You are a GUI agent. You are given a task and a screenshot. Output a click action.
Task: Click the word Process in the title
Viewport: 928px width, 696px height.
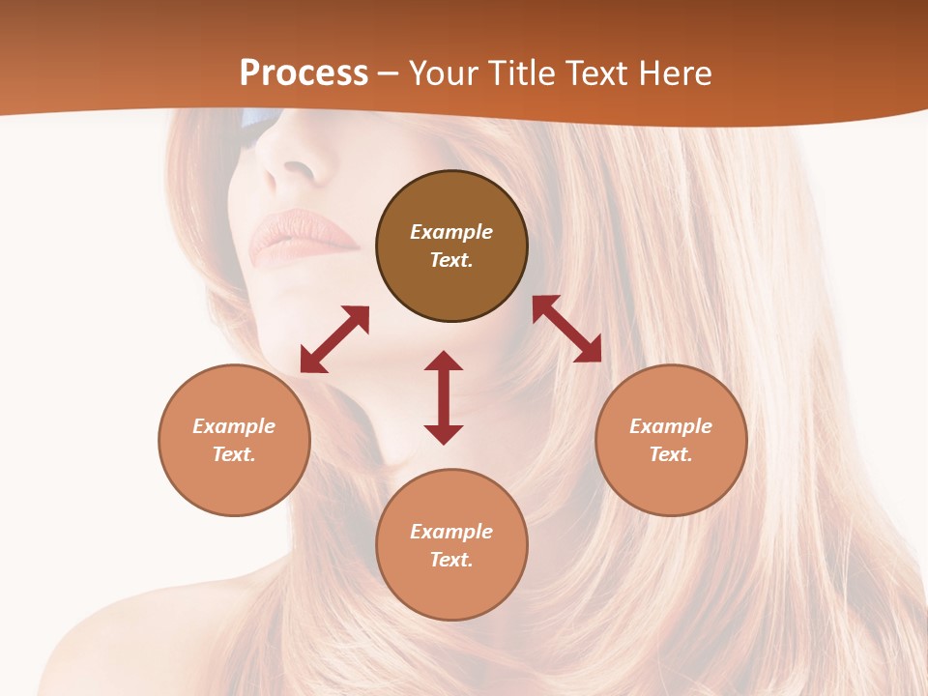(304, 73)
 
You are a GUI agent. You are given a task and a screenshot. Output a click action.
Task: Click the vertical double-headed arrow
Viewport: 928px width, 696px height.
(444, 397)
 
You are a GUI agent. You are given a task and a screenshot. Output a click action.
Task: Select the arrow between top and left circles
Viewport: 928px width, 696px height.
(334, 339)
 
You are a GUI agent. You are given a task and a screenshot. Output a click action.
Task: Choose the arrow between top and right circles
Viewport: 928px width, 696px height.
(566, 329)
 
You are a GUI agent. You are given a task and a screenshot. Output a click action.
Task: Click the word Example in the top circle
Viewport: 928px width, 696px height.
(451, 232)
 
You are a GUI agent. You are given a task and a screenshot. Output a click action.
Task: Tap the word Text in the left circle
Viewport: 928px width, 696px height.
(234, 454)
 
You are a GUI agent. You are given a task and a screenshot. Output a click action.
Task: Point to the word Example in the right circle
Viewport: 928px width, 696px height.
(671, 426)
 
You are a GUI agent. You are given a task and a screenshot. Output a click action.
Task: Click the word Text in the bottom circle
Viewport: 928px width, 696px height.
(451, 560)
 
